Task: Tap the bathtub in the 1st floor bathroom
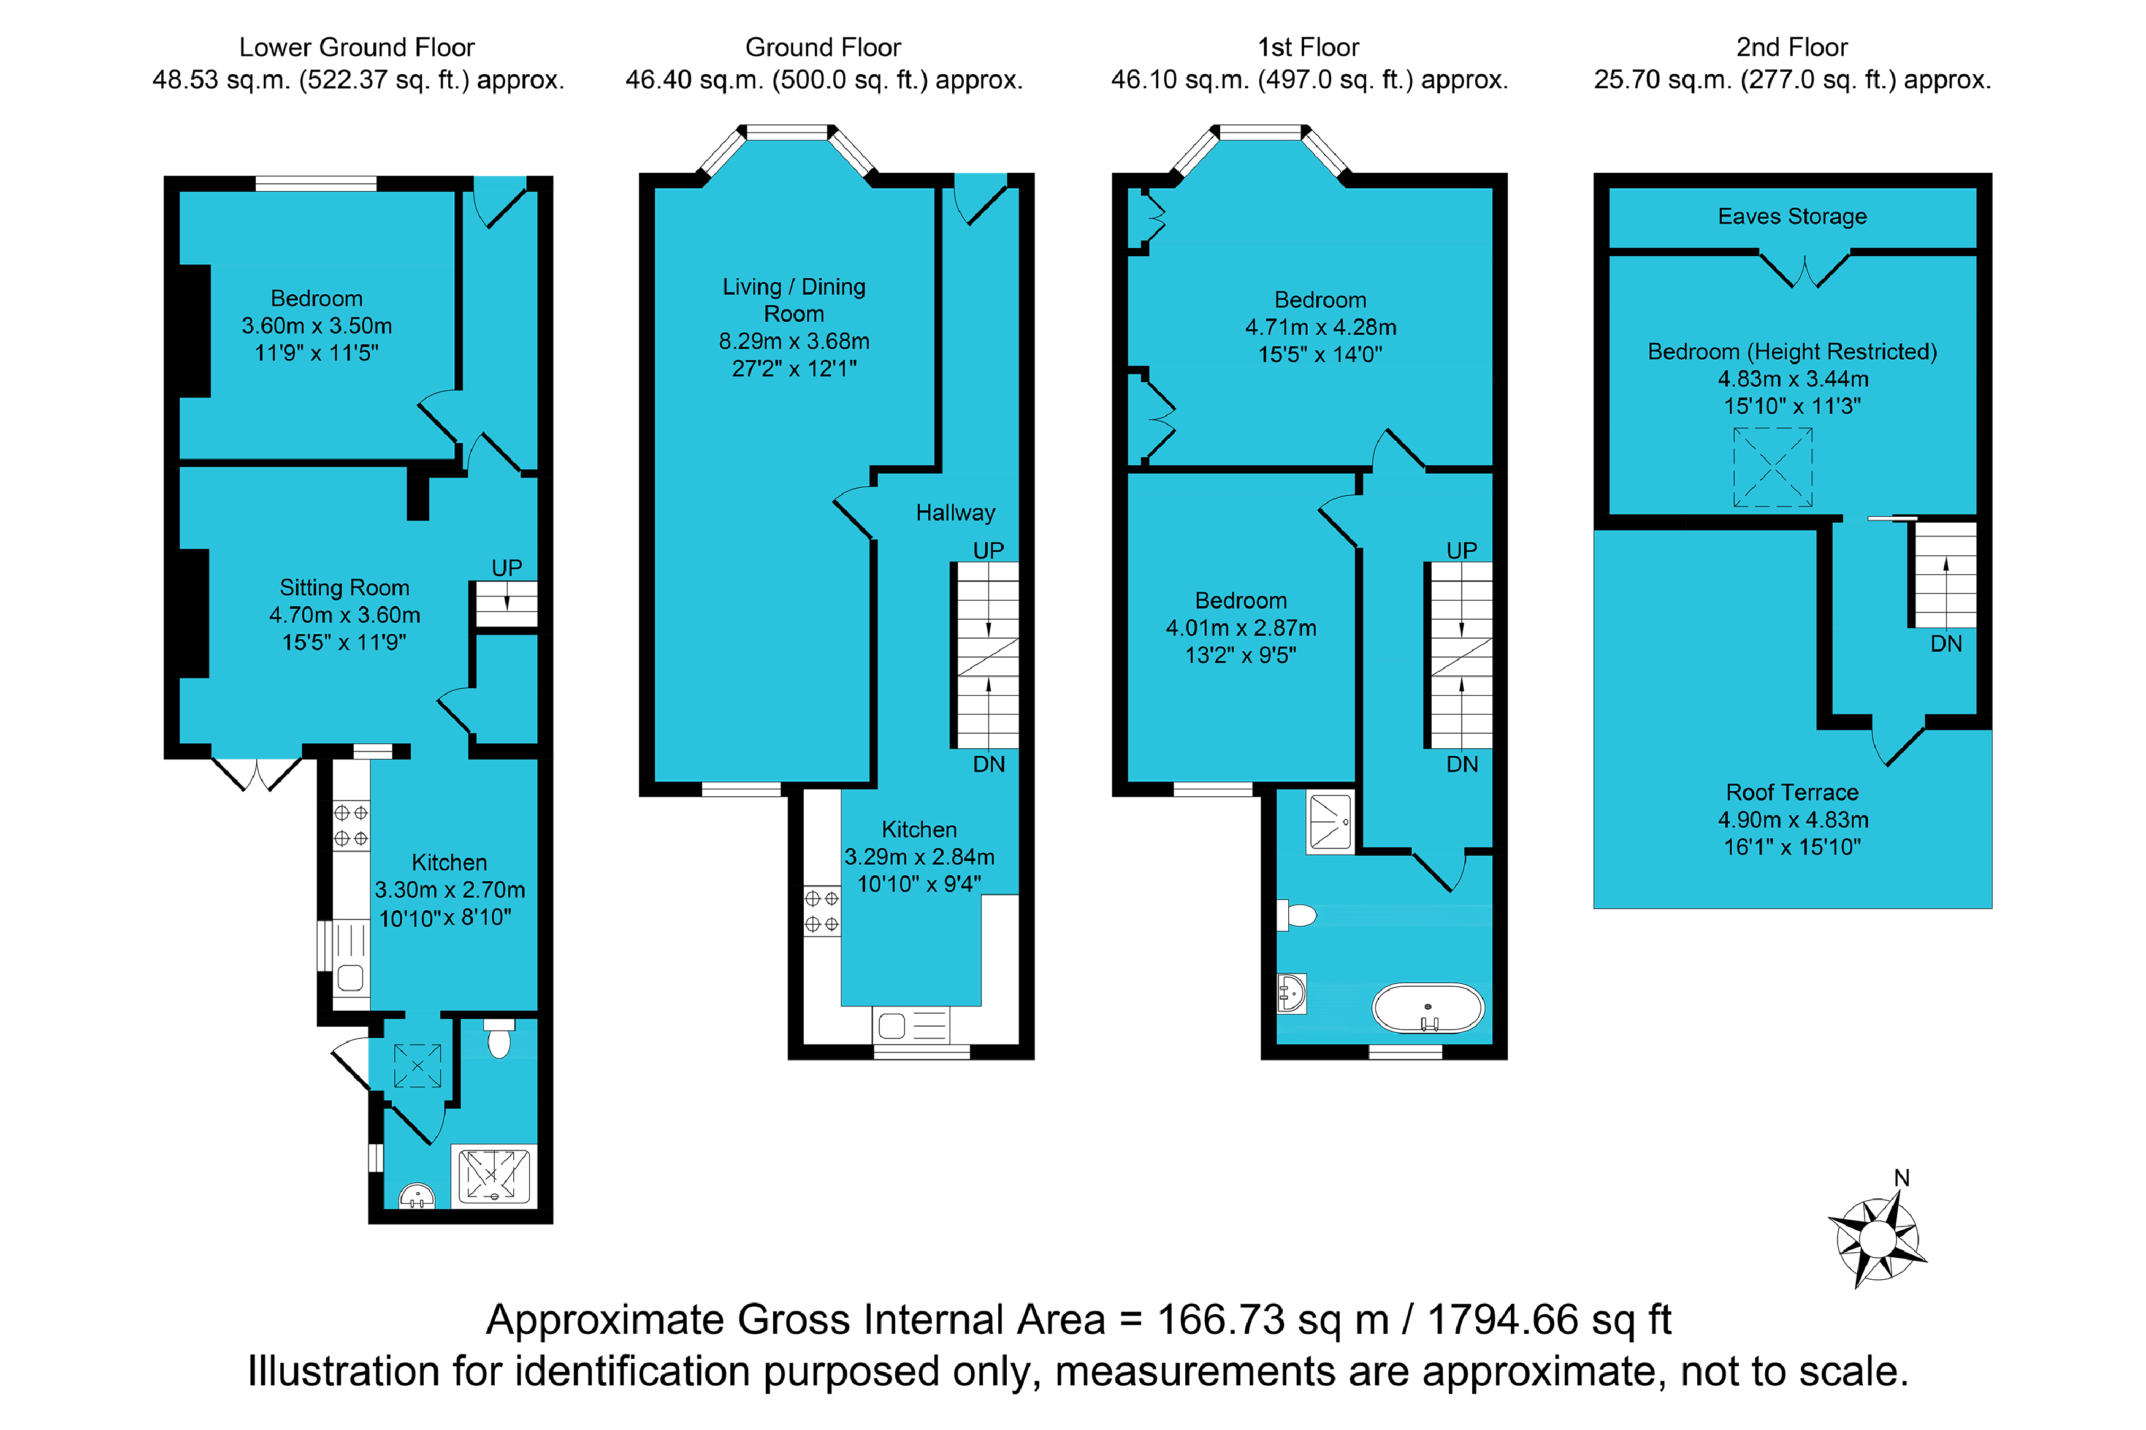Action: [x=1427, y=1008]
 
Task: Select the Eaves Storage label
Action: [x=1792, y=216]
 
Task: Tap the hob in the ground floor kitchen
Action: [x=822, y=911]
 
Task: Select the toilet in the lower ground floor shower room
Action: [x=499, y=1038]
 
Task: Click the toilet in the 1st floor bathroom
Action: [x=1297, y=915]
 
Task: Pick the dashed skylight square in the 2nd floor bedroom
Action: [x=1772, y=468]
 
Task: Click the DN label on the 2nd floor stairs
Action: [x=1946, y=644]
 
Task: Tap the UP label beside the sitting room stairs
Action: [x=506, y=568]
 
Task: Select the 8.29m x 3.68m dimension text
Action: [x=793, y=341]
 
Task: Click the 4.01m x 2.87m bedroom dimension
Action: [x=1240, y=628]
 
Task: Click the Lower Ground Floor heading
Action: [x=357, y=47]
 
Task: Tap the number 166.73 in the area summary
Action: [x=1220, y=1320]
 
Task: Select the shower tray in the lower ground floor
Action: [x=494, y=1176]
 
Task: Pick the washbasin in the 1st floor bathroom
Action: [x=1291, y=993]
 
